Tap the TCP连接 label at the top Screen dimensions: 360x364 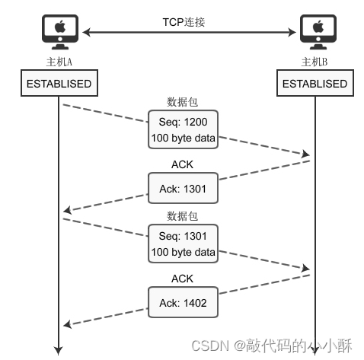coord(184,22)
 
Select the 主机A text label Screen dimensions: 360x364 coord(59,61)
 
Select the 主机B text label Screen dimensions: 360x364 coord(315,61)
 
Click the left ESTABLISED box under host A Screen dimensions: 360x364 coord(59,84)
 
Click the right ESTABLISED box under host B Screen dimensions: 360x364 coord(315,84)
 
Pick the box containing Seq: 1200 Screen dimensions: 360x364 coord(183,129)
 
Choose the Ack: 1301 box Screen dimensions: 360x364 coord(183,188)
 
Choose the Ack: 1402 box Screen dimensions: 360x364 coord(183,302)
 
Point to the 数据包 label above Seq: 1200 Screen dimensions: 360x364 coord(183,102)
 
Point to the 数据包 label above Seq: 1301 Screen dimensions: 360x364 coord(183,216)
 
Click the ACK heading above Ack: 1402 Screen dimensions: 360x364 coord(183,278)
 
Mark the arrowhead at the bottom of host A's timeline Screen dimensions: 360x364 coord(59,350)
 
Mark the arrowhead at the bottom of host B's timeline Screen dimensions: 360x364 coord(315,350)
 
